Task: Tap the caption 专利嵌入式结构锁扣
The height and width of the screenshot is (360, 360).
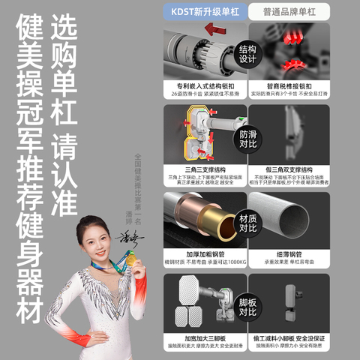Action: [x=204, y=86]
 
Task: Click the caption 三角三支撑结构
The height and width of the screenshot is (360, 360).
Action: [x=204, y=169]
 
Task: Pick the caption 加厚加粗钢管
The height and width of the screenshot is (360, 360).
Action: [x=204, y=255]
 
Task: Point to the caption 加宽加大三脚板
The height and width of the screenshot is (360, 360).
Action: [x=204, y=339]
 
